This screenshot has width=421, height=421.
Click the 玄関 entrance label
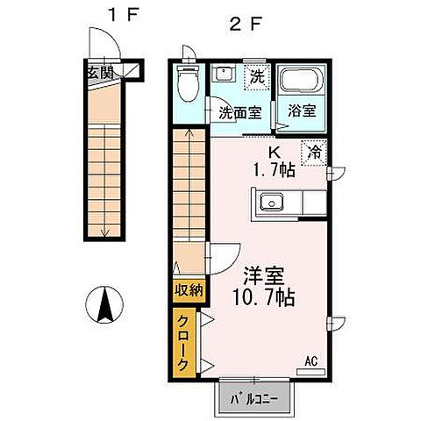99,73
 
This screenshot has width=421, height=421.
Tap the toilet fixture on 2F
186,84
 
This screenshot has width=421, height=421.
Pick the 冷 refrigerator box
312,151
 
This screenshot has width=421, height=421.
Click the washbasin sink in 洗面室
225,75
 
